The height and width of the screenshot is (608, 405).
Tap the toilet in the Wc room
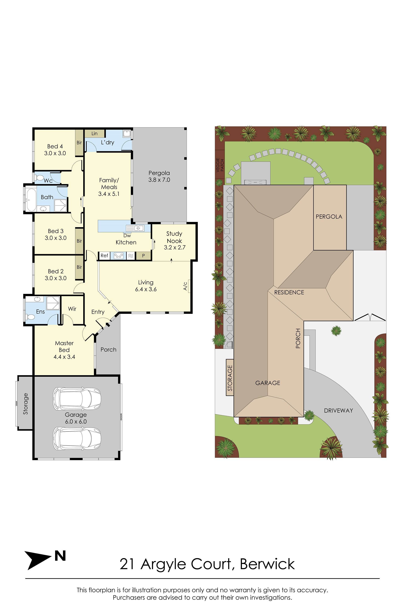(x=39, y=178)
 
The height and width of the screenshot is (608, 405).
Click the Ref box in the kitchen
(x=104, y=256)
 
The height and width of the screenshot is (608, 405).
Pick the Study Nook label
(x=174, y=237)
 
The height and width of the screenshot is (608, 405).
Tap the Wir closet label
(x=72, y=309)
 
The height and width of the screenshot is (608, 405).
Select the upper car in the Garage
(x=77, y=399)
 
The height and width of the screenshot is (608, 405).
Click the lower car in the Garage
(x=77, y=438)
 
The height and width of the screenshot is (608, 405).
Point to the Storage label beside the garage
(x=26, y=404)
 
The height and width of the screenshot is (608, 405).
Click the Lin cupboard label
(x=95, y=133)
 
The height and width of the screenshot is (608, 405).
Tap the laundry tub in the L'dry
(x=127, y=134)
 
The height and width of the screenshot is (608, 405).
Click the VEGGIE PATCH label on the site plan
(x=220, y=165)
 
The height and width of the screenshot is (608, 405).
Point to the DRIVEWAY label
(x=338, y=411)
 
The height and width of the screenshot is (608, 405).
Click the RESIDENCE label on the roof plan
(x=289, y=292)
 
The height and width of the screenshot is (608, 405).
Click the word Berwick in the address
(x=267, y=564)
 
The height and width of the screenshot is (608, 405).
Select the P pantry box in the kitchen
(x=143, y=256)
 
